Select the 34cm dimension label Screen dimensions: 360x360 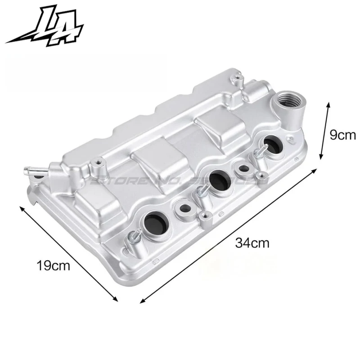(x=252, y=243)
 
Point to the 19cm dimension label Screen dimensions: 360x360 (x=54, y=265)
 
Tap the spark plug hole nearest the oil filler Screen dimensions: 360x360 (x=274, y=144)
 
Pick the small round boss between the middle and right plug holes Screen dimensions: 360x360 (x=243, y=169)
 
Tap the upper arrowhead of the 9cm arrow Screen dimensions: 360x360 (x=329, y=104)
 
